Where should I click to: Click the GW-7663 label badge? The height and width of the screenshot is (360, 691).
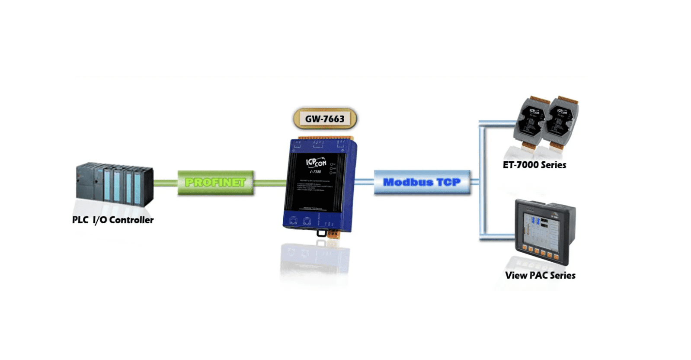(x=325, y=119)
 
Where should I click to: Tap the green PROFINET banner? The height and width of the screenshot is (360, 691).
(x=215, y=183)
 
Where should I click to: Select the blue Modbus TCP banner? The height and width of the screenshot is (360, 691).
(x=422, y=182)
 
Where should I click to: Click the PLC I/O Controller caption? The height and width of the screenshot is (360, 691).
(x=113, y=220)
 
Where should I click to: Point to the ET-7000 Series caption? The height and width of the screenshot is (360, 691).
(x=534, y=165)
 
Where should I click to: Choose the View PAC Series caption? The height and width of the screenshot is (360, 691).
(x=540, y=275)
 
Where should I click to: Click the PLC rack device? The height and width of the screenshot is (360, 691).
(x=115, y=185)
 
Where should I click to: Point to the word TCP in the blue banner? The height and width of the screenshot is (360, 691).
(x=448, y=182)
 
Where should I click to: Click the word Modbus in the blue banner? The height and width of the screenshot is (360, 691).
(x=407, y=182)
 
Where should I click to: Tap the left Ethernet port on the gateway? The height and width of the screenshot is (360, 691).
(x=293, y=221)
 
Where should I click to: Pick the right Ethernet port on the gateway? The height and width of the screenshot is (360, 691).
(x=307, y=222)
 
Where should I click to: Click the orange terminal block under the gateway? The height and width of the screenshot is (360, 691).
(x=333, y=234)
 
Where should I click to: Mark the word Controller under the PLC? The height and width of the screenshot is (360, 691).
(x=131, y=220)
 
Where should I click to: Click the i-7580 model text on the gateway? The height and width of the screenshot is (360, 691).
(x=315, y=172)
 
